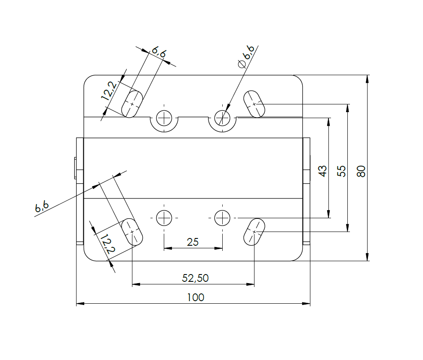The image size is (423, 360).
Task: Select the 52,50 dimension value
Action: [x=195, y=278]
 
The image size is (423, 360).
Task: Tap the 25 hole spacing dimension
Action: [x=193, y=242]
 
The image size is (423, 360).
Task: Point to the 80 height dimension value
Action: [x=361, y=171]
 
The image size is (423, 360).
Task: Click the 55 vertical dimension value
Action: [x=342, y=171]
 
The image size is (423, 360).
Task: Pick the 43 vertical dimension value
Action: [x=323, y=171]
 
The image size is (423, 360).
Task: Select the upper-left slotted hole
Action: [x=132, y=104]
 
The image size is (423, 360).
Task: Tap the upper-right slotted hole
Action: [x=254, y=104]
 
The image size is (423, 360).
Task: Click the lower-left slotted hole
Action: [x=132, y=232]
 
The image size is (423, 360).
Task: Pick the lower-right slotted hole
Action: [x=254, y=232]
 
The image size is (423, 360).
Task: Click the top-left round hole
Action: [x=164, y=117]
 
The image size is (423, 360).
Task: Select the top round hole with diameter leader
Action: [x=222, y=117]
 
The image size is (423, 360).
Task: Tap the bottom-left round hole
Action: [x=164, y=218]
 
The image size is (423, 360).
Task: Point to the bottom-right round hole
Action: [x=222, y=218]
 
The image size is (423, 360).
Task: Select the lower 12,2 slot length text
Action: [x=107, y=244]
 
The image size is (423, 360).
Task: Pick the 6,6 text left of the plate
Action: [x=42, y=207]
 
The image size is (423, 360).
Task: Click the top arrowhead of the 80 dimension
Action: [x=368, y=79]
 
